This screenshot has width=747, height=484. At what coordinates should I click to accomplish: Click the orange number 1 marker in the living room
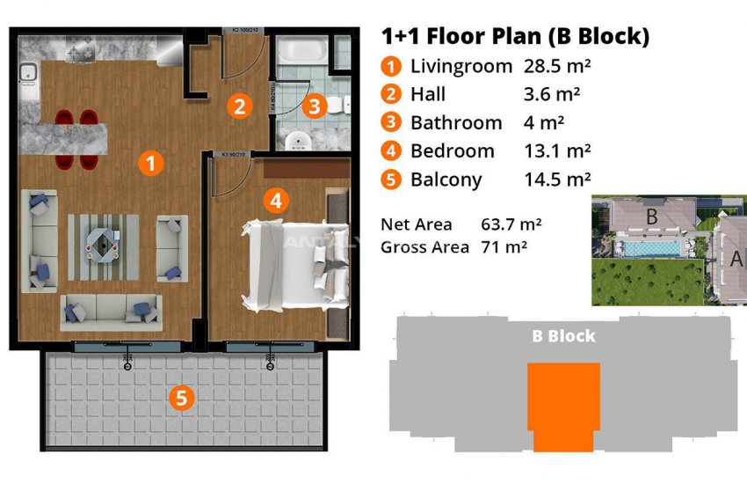tap(151, 162)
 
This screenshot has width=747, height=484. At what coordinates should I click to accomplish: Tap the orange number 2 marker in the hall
tap(237, 106)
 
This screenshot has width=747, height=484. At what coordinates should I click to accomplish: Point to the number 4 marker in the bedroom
tap(276, 201)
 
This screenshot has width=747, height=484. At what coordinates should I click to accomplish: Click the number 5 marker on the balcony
tap(180, 398)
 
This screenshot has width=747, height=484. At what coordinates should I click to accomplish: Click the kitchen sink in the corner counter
tap(29, 79)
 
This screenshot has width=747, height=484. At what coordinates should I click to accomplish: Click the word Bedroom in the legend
tap(452, 150)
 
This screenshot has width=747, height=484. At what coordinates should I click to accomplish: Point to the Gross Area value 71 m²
tap(504, 247)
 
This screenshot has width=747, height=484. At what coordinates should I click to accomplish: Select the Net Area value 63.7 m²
tap(511, 224)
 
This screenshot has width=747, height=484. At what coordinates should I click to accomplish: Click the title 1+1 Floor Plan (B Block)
tap(515, 36)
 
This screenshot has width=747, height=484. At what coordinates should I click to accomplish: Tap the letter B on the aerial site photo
tap(653, 216)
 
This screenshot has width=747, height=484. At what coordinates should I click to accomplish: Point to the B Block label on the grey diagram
tap(563, 335)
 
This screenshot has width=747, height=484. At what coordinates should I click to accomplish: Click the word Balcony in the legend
tap(446, 180)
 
